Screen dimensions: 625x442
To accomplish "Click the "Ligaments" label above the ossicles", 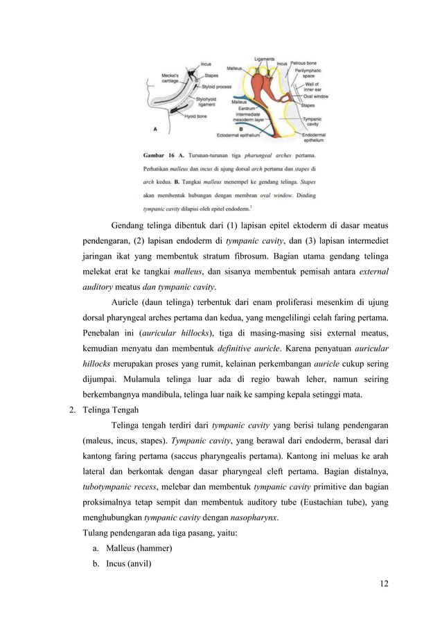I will (x=265, y=58).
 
